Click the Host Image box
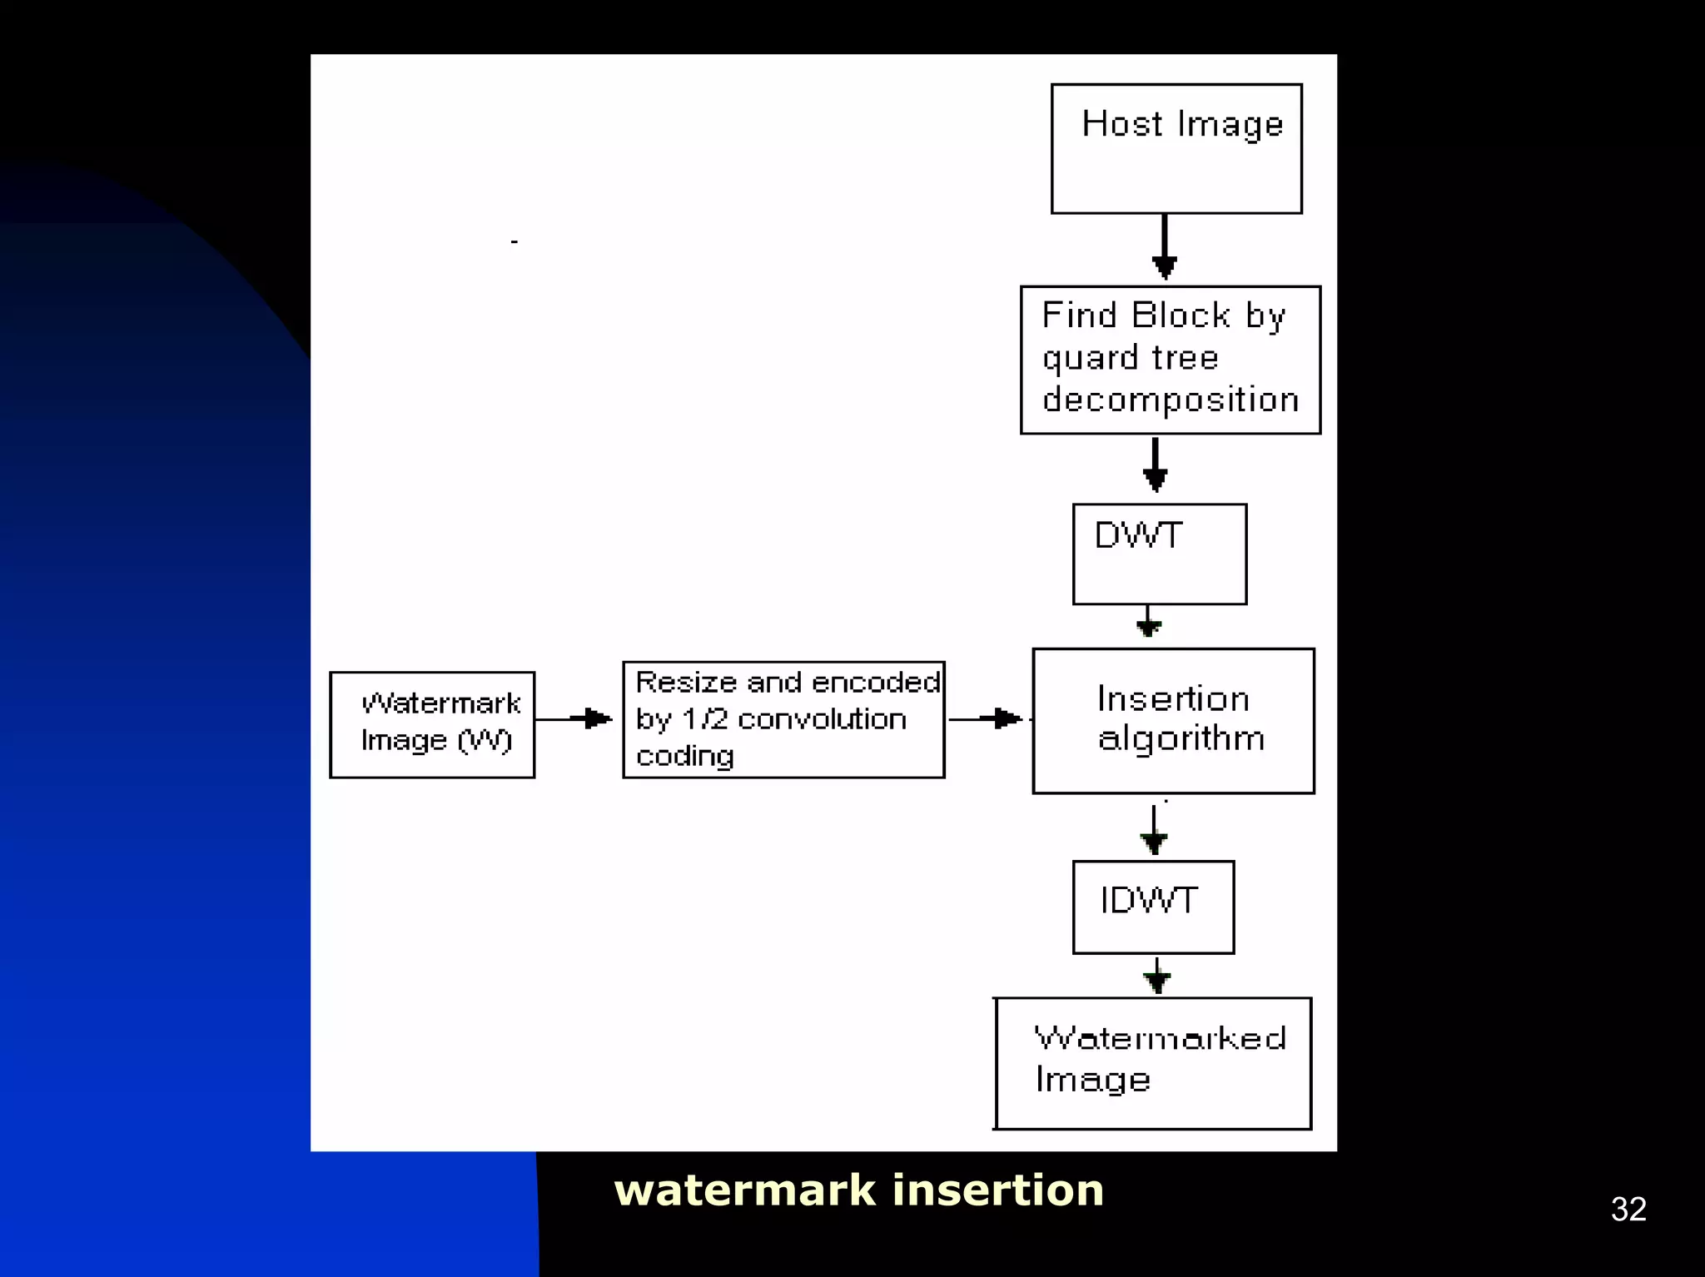1176,149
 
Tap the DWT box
1160,554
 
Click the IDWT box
1153,907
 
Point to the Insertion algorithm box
1173,720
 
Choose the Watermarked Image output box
1153,1063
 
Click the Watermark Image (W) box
432,724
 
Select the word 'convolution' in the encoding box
822,719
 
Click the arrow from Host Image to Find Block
1164,248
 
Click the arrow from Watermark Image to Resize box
576,718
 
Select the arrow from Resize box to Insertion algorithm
987,718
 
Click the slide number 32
1628,1209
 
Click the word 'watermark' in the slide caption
744,1190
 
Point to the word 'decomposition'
1170,400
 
